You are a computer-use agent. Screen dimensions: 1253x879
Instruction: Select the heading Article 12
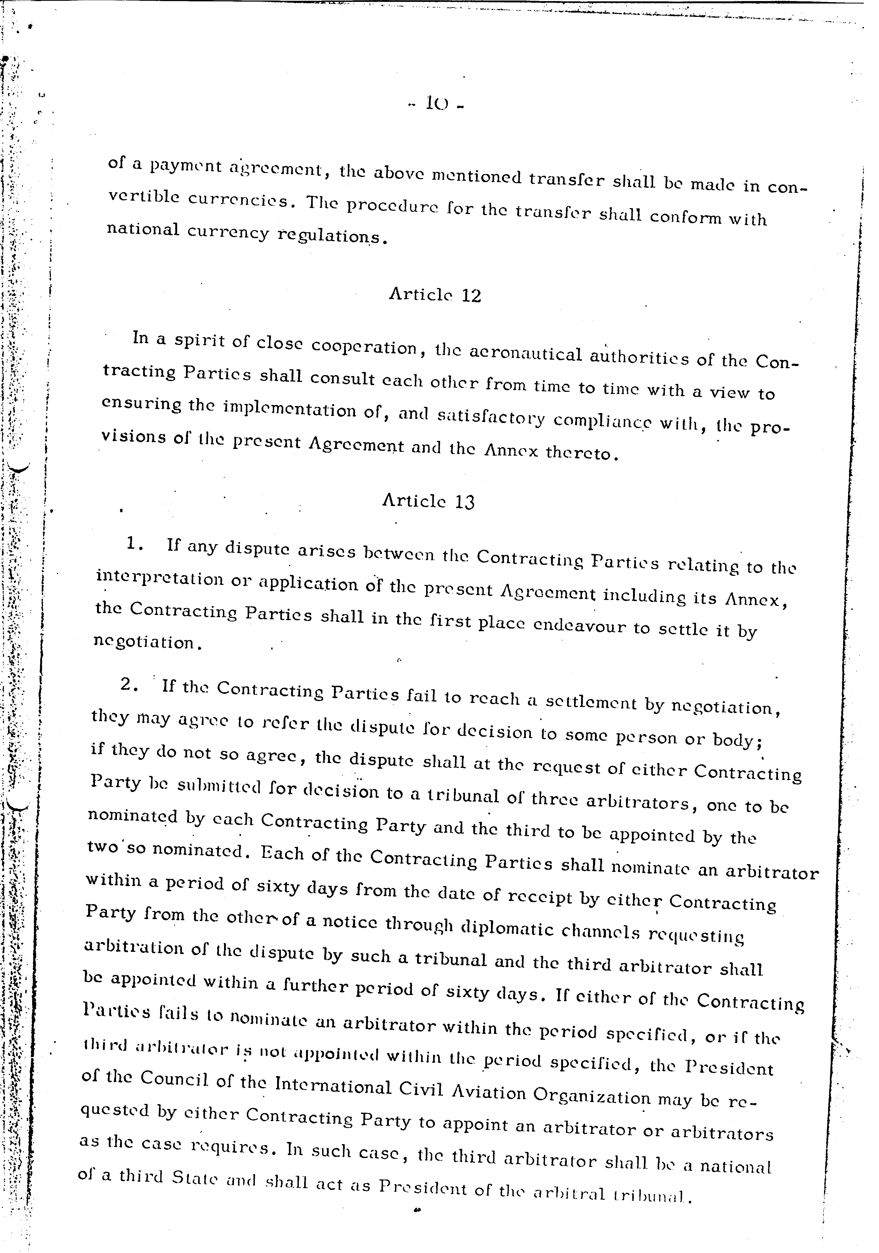click(x=435, y=295)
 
